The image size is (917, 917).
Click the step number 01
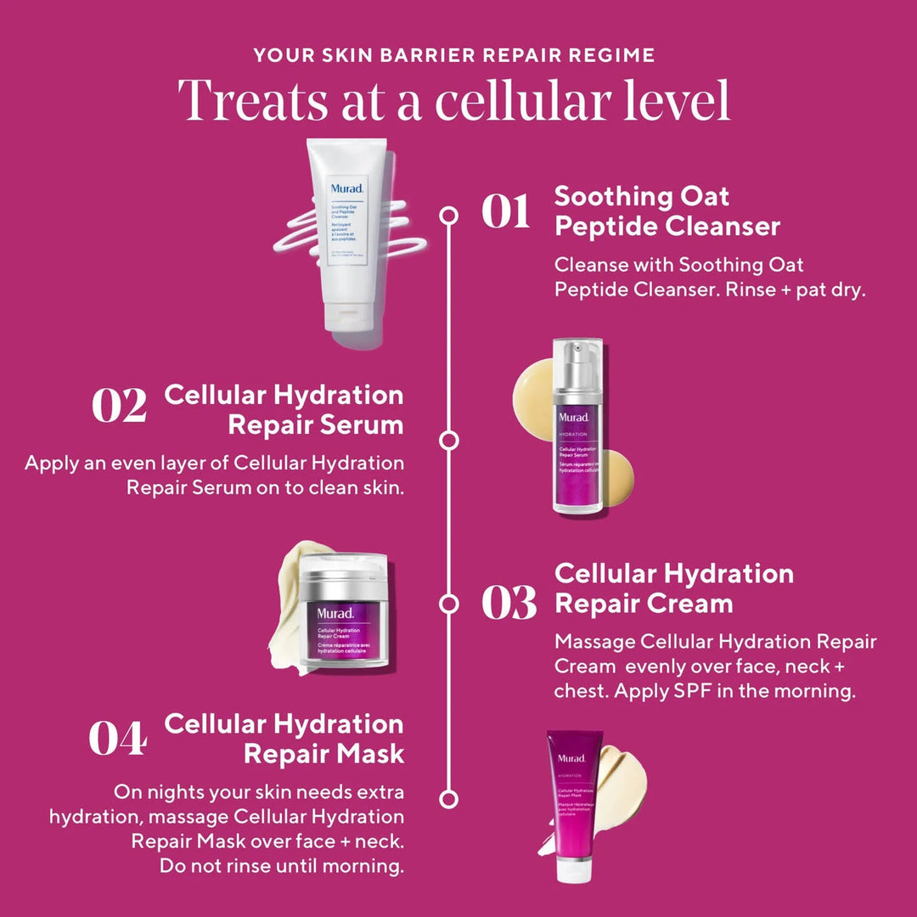506,211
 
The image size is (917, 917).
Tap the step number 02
119,406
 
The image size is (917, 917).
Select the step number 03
509,602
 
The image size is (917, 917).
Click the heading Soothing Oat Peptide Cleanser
667,211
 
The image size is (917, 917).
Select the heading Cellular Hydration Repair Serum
284,409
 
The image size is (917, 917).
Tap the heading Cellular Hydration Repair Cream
673,588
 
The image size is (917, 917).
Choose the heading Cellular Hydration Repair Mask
284,738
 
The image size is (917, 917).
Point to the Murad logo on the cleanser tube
347,189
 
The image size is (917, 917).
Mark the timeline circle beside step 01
448,216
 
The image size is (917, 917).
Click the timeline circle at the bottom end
448,798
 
